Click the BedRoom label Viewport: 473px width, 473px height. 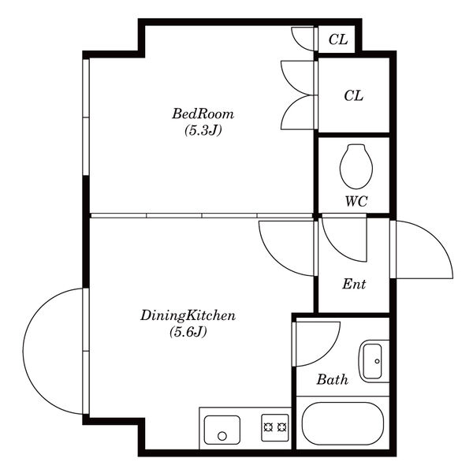[x=203, y=114]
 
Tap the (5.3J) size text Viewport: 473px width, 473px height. [x=203, y=130]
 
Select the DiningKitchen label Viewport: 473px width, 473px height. [x=188, y=316]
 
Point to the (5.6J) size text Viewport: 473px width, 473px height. [x=188, y=332]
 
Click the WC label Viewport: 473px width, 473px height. [x=356, y=201]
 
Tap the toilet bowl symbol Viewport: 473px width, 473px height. [x=356, y=166]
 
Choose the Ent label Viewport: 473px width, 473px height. [x=354, y=284]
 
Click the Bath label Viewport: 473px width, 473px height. [x=332, y=379]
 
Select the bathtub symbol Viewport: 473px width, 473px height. [x=343, y=423]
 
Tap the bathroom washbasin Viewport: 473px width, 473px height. [x=374, y=361]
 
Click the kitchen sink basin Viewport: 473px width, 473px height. [x=222, y=430]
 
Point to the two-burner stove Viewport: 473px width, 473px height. [x=275, y=428]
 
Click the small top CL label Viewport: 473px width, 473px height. [x=338, y=39]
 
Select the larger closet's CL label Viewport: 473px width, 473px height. [x=354, y=95]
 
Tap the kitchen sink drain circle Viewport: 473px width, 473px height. [x=222, y=436]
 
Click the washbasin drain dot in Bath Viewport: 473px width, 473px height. [x=377, y=361]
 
